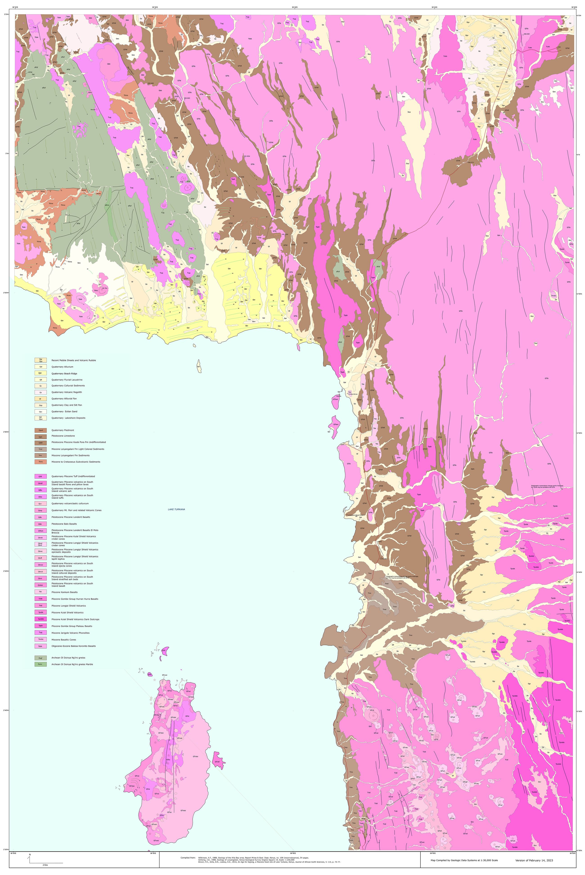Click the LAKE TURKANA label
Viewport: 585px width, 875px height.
click(176, 509)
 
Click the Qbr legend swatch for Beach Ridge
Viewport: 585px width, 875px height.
click(41, 373)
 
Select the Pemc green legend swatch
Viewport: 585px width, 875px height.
click(41, 664)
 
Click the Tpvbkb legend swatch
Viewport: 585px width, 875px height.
click(41, 619)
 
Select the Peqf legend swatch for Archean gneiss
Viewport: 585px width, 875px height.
click(41, 658)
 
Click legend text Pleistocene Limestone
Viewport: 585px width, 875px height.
click(63, 436)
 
